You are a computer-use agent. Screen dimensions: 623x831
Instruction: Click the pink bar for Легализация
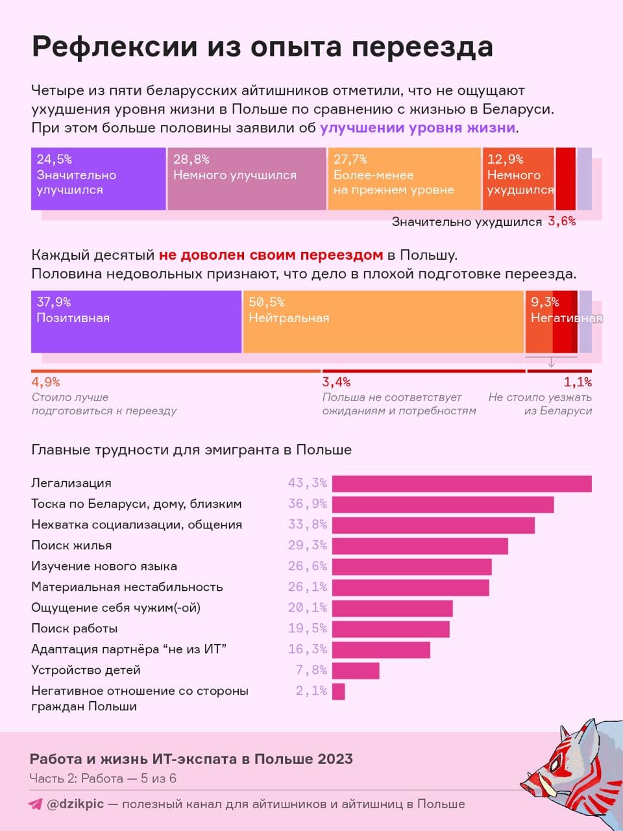462,484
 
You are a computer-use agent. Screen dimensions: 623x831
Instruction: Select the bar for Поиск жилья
420,546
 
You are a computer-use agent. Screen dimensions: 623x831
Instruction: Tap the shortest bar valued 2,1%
338,691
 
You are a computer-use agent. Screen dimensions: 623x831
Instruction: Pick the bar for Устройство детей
356,671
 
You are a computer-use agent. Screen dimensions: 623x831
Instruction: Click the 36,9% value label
307,504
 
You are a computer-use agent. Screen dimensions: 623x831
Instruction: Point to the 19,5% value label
307,628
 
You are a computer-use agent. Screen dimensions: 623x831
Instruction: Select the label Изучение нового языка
104,566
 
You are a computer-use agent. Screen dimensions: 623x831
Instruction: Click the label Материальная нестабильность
127,587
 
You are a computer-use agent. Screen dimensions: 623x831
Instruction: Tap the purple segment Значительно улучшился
99,179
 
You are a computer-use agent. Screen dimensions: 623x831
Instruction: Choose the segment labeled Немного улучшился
247,179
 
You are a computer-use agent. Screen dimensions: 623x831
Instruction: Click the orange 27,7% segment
404,179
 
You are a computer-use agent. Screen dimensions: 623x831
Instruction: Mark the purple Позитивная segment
136,322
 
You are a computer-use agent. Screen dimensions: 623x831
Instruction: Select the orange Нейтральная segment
384,322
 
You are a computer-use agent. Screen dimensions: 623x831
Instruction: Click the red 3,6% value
562,221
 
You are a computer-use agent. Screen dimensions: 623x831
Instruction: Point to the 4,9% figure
45,382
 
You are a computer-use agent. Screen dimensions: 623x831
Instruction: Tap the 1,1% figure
578,382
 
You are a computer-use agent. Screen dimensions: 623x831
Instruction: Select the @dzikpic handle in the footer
75,804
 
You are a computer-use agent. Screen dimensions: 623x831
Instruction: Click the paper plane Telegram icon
36,804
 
